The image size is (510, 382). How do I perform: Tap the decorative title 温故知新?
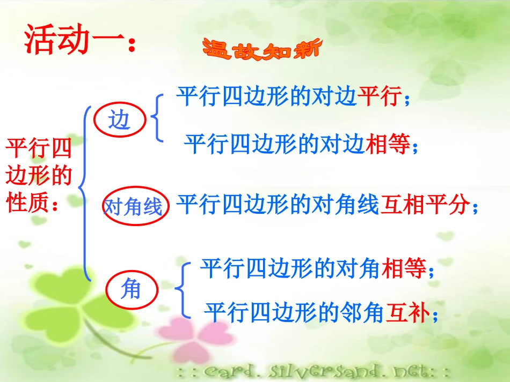(261, 50)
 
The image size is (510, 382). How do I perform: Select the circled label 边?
(119, 121)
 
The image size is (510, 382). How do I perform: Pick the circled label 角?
(131, 290)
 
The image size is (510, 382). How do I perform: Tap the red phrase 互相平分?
(422, 205)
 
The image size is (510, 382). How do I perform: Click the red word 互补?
(408, 312)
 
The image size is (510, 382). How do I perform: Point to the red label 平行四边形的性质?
(38, 175)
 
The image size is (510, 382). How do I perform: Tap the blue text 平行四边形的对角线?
(277, 205)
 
